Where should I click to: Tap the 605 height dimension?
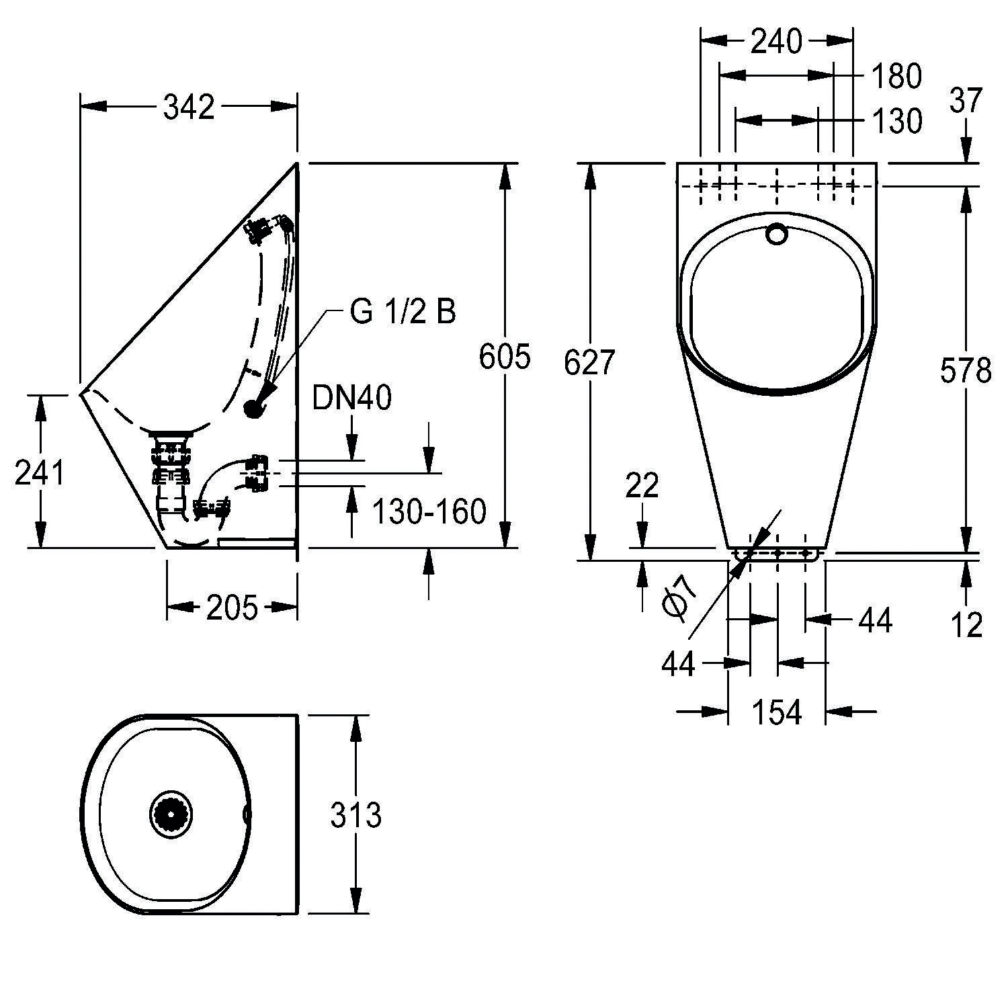(x=505, y=357)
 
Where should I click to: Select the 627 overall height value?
(x=589, y=364)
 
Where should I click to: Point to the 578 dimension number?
(x=966, y=370)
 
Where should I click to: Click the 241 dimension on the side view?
(x=40, y=473)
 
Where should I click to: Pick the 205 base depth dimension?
(x=232, y=608)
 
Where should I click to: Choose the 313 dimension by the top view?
(x=355, y=816)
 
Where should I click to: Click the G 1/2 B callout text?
(x=403, y=312)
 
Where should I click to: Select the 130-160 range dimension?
(x=429, y=512)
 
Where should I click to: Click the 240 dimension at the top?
(x=776, y=42)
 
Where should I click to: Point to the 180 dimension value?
(x=896, y=77)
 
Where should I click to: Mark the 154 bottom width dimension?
(x=776, y=712)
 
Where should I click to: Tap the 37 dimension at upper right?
(x=966, y=101)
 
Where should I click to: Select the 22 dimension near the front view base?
(x=642, y=485)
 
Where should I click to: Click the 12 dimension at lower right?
(x=966, y=625)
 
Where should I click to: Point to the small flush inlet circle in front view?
(x=777, y=233)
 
